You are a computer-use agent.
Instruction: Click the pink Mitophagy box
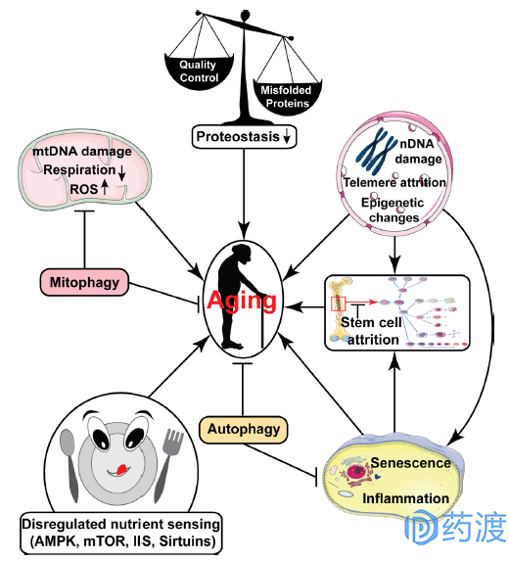point(84,282)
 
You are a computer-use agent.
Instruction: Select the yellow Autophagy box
point(243,430)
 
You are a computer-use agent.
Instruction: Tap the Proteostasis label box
point(245,137)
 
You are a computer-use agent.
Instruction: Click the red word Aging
point(242,301)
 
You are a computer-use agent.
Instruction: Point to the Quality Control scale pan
point(199,71)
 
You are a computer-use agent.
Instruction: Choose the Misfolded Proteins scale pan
point(287,97)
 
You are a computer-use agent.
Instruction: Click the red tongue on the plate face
point(121,469)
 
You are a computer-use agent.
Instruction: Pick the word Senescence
point(410,463)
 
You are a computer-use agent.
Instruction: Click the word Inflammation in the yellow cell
point(405,498)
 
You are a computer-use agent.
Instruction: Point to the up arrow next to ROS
point(105,187)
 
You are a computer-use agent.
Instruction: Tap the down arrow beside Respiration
point(121,173)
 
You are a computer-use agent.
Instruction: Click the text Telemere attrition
point(394,182)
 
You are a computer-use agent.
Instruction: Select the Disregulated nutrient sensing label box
point(121,533)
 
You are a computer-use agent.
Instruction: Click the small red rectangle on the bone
point(338,304)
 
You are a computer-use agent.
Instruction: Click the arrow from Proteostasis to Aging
point(245,193)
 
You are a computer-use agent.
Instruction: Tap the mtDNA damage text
point(82,152)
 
